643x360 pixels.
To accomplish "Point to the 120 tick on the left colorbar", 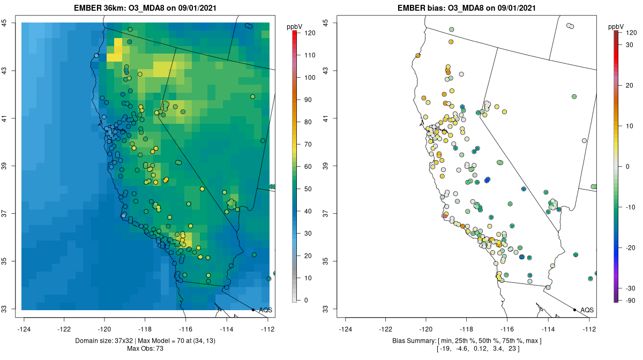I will point(309,33).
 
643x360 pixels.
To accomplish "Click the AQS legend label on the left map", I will point(265,310).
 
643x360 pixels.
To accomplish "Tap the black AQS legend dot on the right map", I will point(574,310).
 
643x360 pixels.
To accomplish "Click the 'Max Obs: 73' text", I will point(145,349).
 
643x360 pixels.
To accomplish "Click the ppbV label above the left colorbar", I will point(295,27).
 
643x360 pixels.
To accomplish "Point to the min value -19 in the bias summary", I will point(445,349).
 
